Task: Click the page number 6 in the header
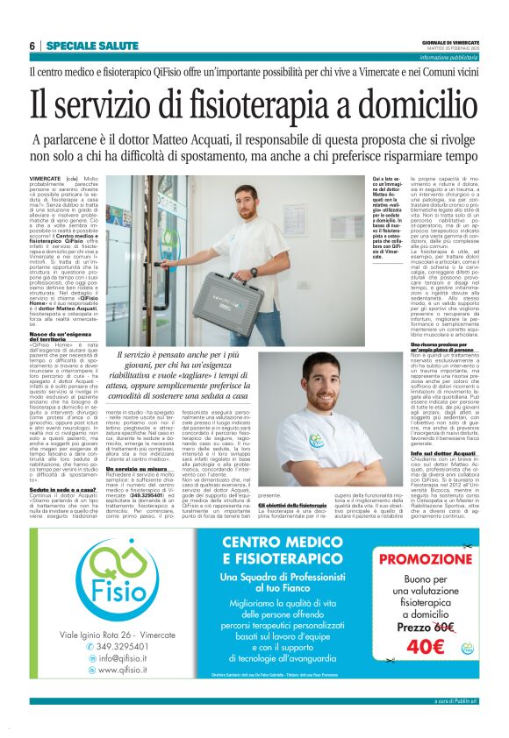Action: pos(32,46)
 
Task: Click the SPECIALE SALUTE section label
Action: pos(91,46)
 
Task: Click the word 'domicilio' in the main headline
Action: pos(413,102)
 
